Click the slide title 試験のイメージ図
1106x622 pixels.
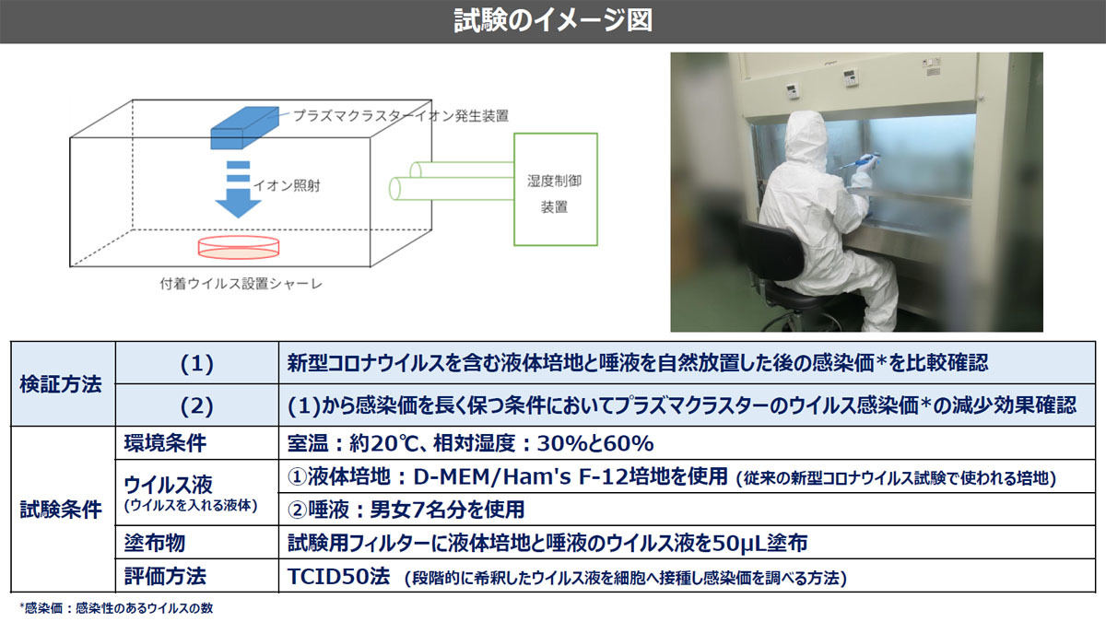click(553, 20)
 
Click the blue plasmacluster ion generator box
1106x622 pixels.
click(245, 128)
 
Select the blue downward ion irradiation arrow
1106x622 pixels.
click(238, 190)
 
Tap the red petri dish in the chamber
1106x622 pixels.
click(239, 247)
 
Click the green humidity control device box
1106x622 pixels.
click(556, 189)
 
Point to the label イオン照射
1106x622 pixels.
click(287, 185)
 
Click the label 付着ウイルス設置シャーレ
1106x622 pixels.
click(241, 284)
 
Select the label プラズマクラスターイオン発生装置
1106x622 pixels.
click(400, 116)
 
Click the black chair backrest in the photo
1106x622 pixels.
click(771, 251)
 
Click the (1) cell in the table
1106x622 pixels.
click(197, 363)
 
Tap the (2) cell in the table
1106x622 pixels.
click(197, 405)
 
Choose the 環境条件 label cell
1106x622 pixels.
click(197, 443)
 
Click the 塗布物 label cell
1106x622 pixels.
click(197, 543)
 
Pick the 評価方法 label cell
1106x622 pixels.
click(197, 576)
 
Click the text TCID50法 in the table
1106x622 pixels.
click(339, 576)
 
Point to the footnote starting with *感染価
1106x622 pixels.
click(116, 608)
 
